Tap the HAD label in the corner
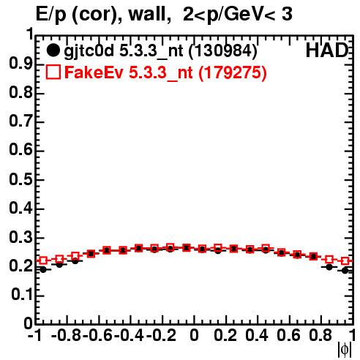pos(327,50)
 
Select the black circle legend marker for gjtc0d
pos(53,50)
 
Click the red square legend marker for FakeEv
pos(53,72)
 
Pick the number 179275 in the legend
pos(233,72)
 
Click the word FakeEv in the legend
pos(94,72)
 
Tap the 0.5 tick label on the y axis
pos(21,179)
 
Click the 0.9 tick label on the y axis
pos(21,64)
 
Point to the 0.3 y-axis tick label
pos(21,237)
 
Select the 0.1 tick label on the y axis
pos(22,295)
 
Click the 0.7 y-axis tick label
pos(21,121)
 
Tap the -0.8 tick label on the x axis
pos(67,335)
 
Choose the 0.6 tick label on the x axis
pos(288,335)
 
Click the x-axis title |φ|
pos(345,350)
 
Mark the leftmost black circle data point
pos(43,269)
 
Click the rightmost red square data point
pos(345,261)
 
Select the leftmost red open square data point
pos(43,260)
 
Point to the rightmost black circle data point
pos(345,270)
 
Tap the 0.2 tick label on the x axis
pos(225,335)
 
